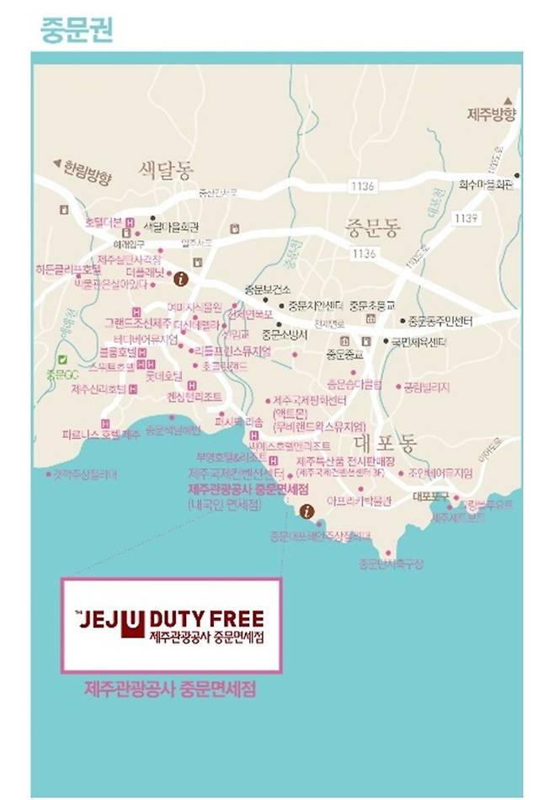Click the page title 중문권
pyautogui.click(x=76, y=29)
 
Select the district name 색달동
pyautogui.click(x=166, y=169)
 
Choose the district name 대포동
pyautogui.click(x=385, y=439)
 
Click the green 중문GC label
pyautogui.click(x=61, y=374)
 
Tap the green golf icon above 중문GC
pyautogui.click(x=61, y=360)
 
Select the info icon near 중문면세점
pyautogui.click(x=306, y=510)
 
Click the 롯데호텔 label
pyautogui.click(x=183, y=376)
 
